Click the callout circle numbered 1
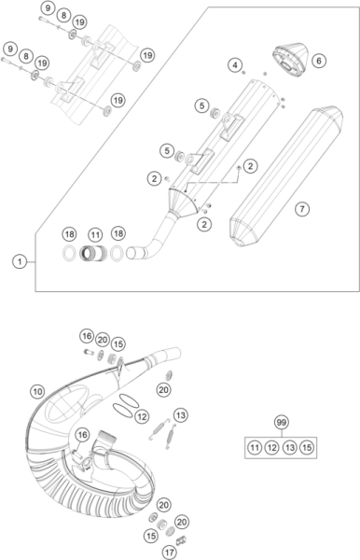pyautogui.click(x=20, y=261)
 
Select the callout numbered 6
pyautogui.click(x=319, y=61)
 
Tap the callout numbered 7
pyautogui.click(x=302, y=208)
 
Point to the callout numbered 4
pyautogui.click(x=235, y=65)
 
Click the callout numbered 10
pyautogui.click(x=37, y=391)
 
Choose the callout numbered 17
pyautogui.click(x=169, y=553)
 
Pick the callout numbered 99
pyautogui.click(x=282, y=423)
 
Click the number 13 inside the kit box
pyautogui.click(x=289, y=447)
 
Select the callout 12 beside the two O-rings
pyautogui.click(x=142, y=416)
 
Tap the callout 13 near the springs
pyautogui.click(x=181, y=415)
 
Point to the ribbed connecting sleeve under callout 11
pyautogui.click(x=93, y=253)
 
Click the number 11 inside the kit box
pyautogui.click(x=255, y=447)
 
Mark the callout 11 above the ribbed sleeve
pyautogui.click(x=95, y=235)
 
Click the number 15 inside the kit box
pyautogui.click(x=307, y=447)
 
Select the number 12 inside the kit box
pyautogui.click(x=272, y=447)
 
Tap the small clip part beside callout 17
pyautogui.click(x=182, y=540)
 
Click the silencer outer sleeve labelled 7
pyautogui.click(x=286, y=176)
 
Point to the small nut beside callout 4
pyautogui.click(x=244, y=73)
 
